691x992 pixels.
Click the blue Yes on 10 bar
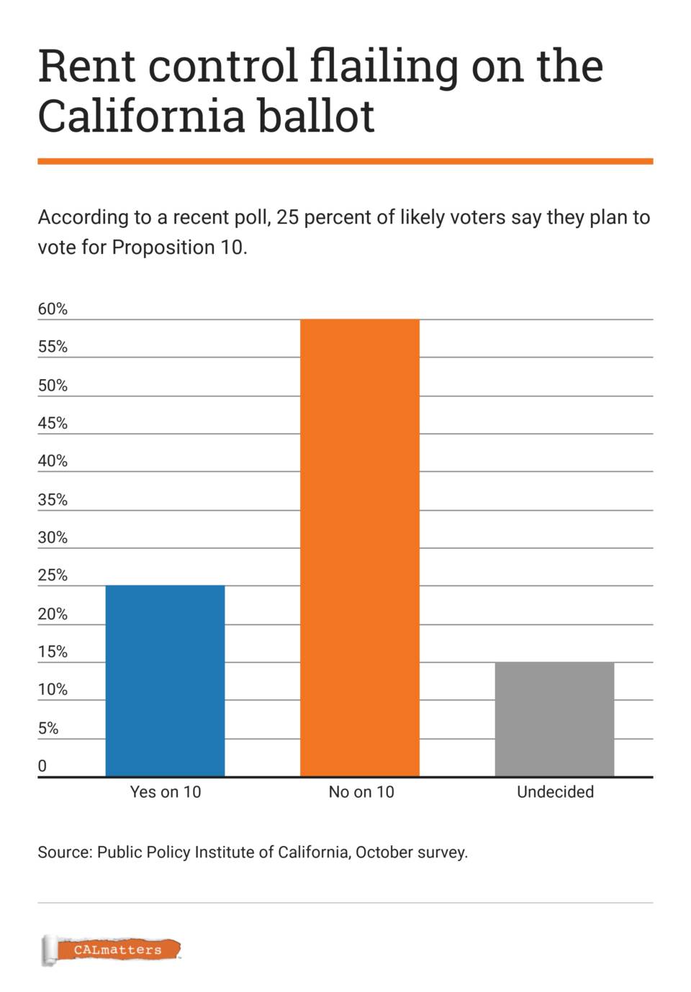[x=165, y=681]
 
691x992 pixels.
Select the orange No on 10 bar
[x=359, y=547]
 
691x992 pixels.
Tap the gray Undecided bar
[x=554, y=719]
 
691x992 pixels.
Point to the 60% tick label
[x=53, y=309]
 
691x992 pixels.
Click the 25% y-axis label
[x=53, y=575]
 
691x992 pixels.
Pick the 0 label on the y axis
[x=42, y=766]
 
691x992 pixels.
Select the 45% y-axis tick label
[x=53, y=423]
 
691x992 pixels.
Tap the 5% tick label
[x=48, y=728]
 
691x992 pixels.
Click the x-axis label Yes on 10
[x=166, y=792]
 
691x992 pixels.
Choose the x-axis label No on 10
[x=361, y=792]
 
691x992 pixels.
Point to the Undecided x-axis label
[x=555, y=792]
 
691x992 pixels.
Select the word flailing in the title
[x=384, y=66]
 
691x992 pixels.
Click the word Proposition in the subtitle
[x=163, y=247]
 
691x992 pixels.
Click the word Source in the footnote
[x=65, y=852]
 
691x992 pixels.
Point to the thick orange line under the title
[x=345, y=161]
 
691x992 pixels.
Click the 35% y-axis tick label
[x=53, y=499]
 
